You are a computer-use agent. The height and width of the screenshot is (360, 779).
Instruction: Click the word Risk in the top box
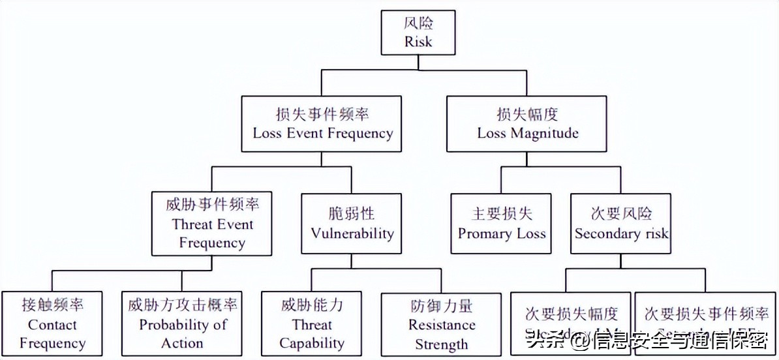418,43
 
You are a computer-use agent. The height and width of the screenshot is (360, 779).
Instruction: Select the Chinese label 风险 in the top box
418,25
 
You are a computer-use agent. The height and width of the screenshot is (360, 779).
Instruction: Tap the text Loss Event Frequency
323,134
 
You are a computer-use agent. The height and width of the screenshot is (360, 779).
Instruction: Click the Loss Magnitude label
528,134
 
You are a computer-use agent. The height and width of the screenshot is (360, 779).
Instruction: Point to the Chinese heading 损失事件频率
323,115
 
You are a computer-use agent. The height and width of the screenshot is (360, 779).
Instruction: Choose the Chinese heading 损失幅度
528,115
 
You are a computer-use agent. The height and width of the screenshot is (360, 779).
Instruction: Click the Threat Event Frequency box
212,224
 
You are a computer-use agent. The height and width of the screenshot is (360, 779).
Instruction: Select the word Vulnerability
352,233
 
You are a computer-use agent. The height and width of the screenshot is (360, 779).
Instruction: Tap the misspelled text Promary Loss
502,233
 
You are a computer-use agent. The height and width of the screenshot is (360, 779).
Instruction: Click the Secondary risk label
622,233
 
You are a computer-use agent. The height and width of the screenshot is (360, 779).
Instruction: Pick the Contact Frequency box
52,324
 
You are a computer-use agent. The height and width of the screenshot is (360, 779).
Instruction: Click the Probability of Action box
183,324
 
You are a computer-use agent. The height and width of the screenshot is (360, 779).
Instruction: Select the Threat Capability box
312,324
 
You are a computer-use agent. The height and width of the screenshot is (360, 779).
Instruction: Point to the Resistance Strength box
442,325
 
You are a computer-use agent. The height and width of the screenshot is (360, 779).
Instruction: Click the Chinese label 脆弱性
352,215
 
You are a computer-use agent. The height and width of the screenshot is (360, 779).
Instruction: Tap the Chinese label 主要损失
502,215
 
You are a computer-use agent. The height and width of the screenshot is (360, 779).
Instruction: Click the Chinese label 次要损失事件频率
707,314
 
